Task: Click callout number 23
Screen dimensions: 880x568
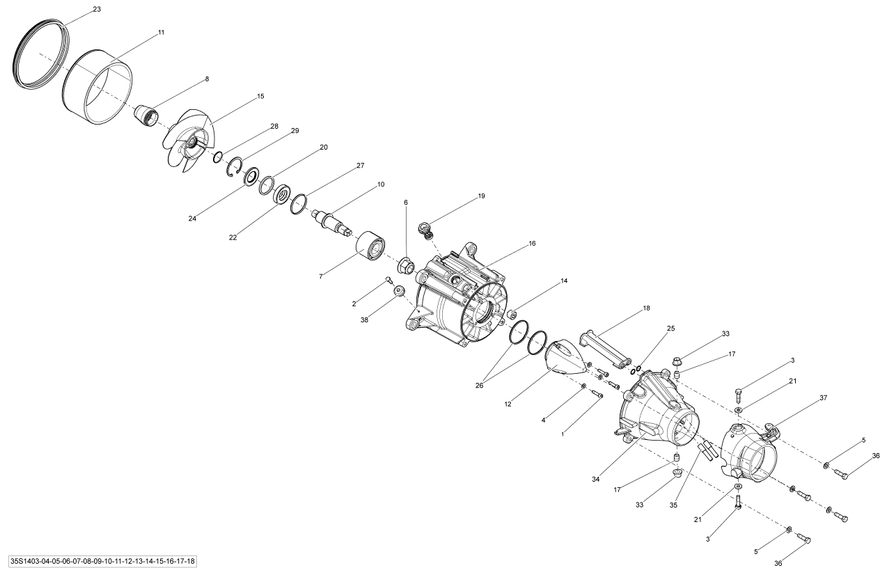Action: coord(97,10)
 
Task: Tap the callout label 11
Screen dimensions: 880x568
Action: coord(161,33)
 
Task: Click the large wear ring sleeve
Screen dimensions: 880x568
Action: coord(97,87)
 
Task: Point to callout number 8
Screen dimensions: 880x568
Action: coord(207,79)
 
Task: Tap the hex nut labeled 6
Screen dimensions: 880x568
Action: coord(406,267)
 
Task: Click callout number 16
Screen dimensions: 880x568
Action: coord(532,244)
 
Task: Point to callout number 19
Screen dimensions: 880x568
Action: coord(481,196)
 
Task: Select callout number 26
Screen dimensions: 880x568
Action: coord(479,386)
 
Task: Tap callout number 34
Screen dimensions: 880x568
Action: coord(595,479)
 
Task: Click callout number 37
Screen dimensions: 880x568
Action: coord(824,397)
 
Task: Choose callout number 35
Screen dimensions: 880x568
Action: coord(673,505)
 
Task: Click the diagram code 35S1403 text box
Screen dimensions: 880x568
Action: coord(102,561)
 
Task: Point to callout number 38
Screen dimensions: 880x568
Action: coord(364,319)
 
